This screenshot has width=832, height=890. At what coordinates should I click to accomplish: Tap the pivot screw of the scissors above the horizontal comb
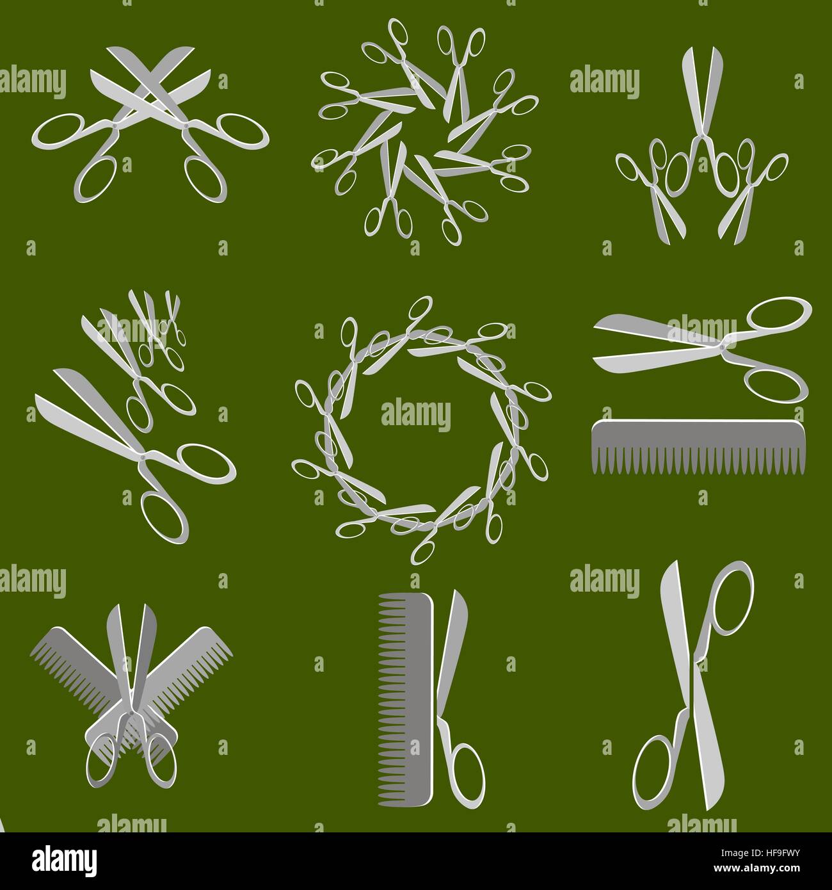(x=723, y=345)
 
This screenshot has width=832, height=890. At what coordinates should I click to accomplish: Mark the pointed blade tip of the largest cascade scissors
(x=38, y=398)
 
